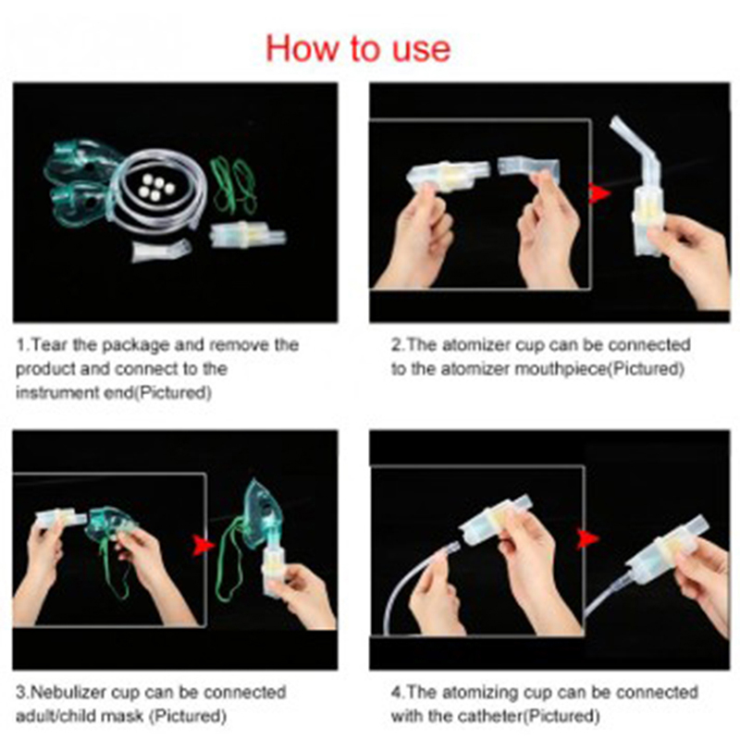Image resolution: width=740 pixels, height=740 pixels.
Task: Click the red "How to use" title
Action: [x=358, y=49]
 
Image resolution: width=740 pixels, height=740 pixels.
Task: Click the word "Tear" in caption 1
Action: [x=50, y=345]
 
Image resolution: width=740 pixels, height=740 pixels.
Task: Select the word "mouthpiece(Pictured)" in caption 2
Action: [x=598, y=369]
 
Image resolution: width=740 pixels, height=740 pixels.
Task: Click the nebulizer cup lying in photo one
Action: [x=247, y=235]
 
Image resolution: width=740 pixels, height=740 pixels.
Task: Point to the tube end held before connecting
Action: [x=450, y=549]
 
